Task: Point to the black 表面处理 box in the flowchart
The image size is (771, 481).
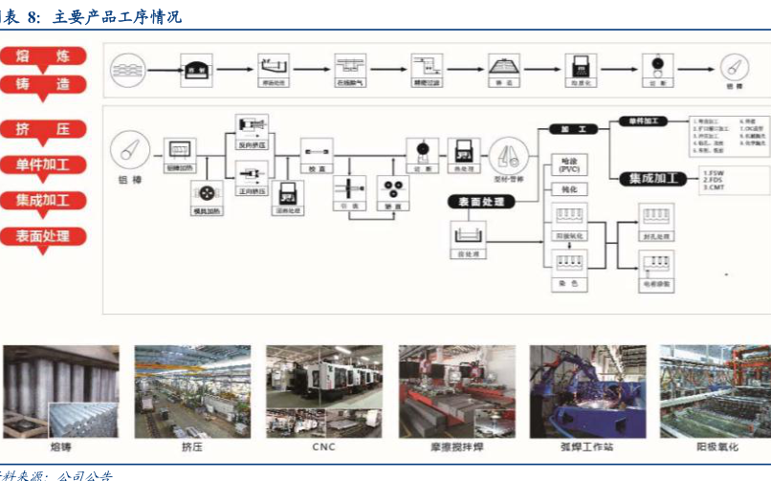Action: pyautogui.click(x=481, y=202)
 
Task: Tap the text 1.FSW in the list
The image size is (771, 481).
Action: pyautogui.click(x=711, y=173)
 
